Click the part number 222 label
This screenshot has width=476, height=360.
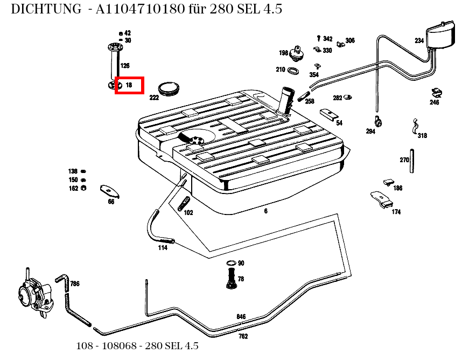click(x=154, y=98)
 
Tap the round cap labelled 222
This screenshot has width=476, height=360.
click(x=168, y=88)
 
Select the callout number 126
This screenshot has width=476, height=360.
click(x=125, y=66)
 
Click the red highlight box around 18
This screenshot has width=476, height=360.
click(x=129, y=85)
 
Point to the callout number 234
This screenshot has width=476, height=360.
click(x=419, y=40)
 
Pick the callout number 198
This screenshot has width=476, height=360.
click(x=283, y=53)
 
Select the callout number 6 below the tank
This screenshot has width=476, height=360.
click(x=265, y=211)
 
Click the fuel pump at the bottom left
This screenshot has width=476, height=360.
click(x=33, y=294)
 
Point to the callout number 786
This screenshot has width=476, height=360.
click(x=75, y=283)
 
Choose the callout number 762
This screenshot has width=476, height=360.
click(x=243, y=336)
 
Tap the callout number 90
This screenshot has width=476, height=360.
click(x=241, y=263)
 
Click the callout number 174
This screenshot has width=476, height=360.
click(x=396, y=212)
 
